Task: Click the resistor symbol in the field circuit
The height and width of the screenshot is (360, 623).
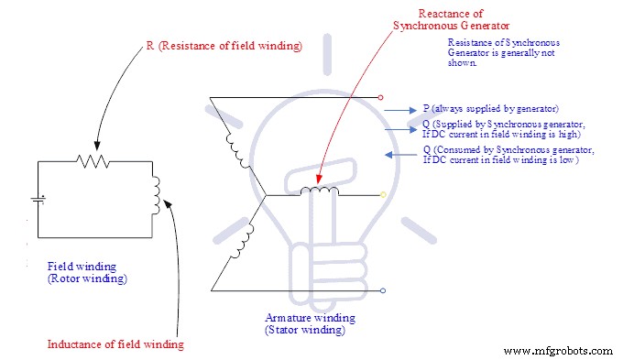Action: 93,161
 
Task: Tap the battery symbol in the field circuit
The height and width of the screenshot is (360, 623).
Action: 38,197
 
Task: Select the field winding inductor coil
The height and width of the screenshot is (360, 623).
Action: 156,192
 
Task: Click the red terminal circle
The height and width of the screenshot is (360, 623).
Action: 382,96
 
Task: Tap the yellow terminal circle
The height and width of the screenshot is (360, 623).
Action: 382,194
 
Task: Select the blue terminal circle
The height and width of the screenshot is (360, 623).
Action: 382,291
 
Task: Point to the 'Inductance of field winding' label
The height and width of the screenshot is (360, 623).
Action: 115,344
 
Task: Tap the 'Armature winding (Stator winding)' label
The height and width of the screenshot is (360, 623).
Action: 305,323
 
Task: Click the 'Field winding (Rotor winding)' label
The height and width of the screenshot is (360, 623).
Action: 87,273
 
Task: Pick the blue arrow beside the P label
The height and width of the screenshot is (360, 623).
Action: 398,109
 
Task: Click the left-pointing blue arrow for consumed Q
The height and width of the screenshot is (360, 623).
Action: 399,155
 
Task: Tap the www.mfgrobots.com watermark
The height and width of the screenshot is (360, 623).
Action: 558,350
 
